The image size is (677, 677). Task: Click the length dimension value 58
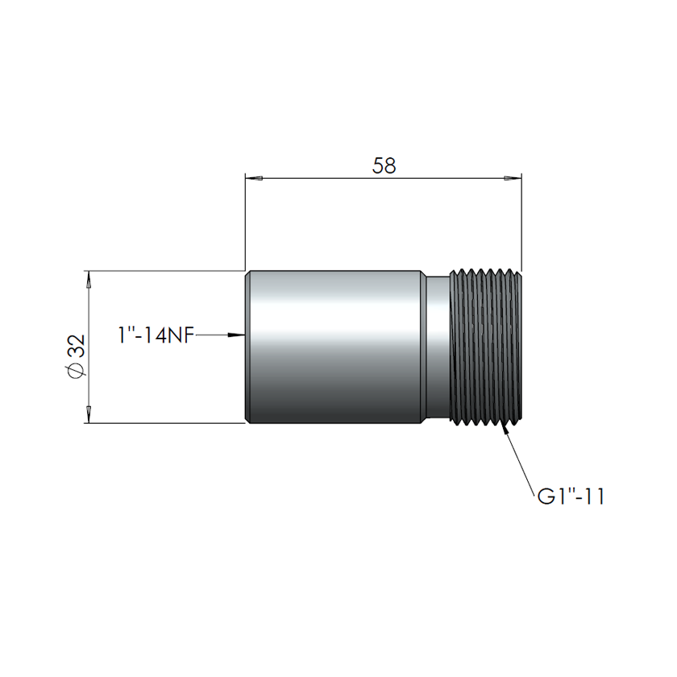point(384,165)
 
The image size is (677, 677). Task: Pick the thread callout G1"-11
point(571,495)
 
